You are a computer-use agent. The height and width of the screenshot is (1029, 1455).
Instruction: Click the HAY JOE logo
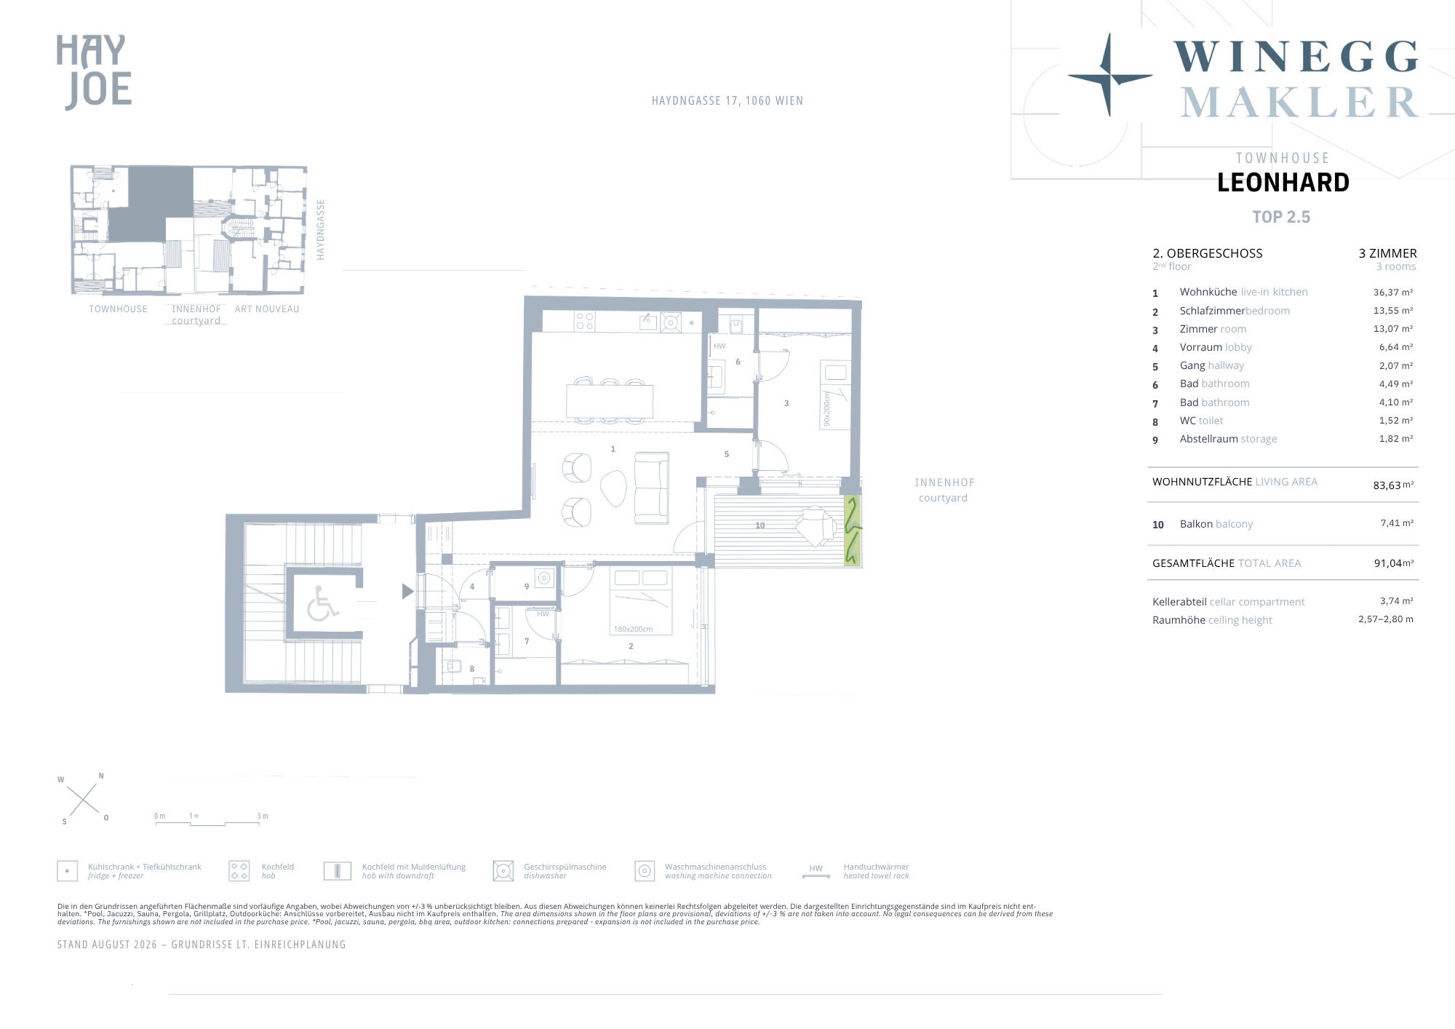click(95, 72)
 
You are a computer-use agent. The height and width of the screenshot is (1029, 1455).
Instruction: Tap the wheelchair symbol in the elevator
click(322, 604)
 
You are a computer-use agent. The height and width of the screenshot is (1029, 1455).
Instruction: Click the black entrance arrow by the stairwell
click(408, 592)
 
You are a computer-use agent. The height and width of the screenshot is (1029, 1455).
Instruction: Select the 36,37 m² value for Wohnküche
click(1392, 293)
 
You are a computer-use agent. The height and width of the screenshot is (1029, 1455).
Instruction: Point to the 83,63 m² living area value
click(1393, 485)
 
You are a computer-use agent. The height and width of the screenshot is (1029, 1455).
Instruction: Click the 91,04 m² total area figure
click(1393, 563)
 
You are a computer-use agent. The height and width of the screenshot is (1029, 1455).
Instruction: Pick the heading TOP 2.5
click(1281, 217)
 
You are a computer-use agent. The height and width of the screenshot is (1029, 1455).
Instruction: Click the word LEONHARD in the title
click(1283, 183)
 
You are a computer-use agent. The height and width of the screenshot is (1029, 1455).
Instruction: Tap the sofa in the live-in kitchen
click(651, 488)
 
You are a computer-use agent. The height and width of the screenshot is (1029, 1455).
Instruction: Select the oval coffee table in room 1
click(613, 488)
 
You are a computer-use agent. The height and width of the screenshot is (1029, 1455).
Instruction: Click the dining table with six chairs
click(610, 400)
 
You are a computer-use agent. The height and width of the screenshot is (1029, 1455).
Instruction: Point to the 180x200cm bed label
click(633, 629)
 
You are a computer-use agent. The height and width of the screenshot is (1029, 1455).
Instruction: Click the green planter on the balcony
click(852, 531)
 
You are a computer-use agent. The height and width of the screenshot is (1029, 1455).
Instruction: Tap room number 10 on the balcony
click(760, 525)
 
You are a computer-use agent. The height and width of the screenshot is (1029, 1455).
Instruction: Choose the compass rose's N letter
click(101, 776)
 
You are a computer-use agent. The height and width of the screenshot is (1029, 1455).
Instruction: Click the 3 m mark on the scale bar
click(262, 817)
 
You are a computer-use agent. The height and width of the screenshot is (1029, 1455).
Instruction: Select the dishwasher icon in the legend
click(503, 870)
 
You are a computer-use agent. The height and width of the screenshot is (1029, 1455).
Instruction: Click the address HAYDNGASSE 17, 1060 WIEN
click(727, 101)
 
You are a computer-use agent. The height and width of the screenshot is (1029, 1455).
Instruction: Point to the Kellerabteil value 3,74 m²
click(1396, 601)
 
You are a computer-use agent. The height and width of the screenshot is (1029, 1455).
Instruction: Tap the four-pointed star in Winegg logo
click(1109, 75)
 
